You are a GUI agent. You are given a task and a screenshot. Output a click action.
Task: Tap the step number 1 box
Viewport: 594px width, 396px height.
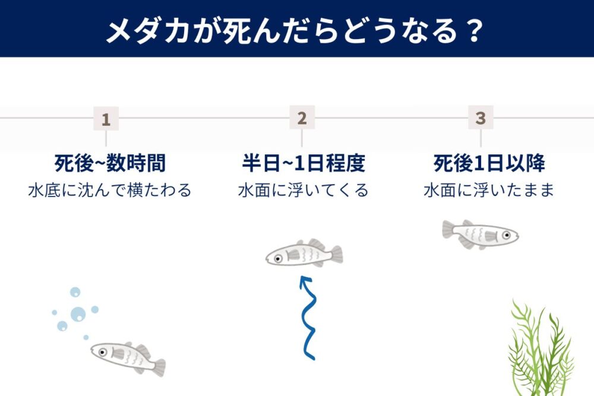pos(106,119)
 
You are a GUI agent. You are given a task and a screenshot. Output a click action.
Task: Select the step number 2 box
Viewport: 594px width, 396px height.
pos(302,118)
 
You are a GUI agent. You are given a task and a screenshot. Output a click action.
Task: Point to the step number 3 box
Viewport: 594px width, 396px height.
pos(481,118)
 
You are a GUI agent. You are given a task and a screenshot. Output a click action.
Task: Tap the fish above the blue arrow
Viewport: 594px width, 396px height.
pos(304,254)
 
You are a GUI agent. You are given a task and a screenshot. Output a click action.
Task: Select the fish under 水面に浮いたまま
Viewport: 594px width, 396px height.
pos(480,233)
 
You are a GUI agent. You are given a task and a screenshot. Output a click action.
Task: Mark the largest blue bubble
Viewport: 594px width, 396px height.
pos(78,313)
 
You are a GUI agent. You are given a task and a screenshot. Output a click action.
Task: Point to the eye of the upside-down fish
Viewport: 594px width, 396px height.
pos(507,235)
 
